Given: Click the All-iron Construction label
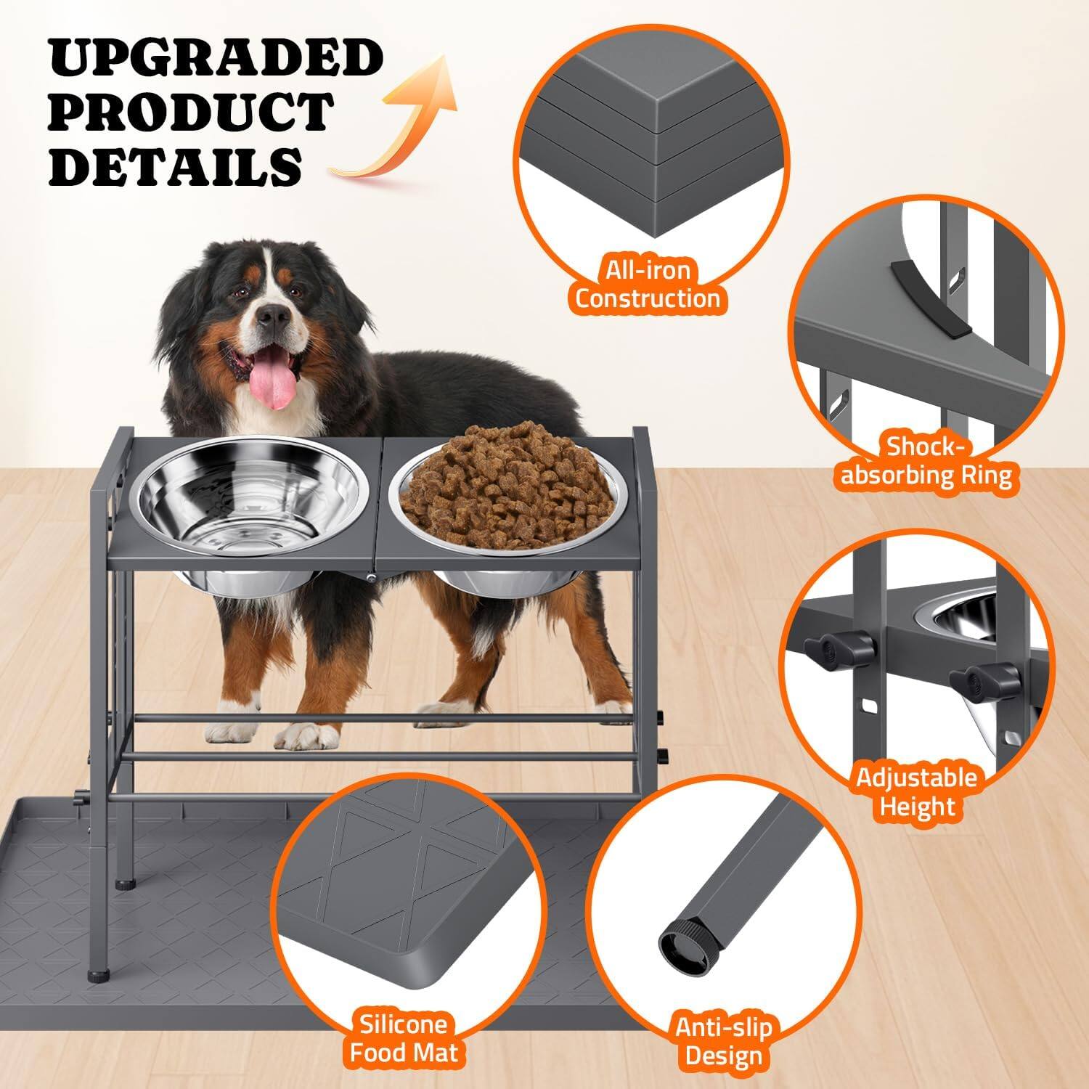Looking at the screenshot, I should [647, 285].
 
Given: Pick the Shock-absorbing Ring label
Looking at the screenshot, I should [926, 461].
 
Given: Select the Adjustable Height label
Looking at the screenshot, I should [916, 791].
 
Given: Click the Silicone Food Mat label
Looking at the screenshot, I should [404, 1038].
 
